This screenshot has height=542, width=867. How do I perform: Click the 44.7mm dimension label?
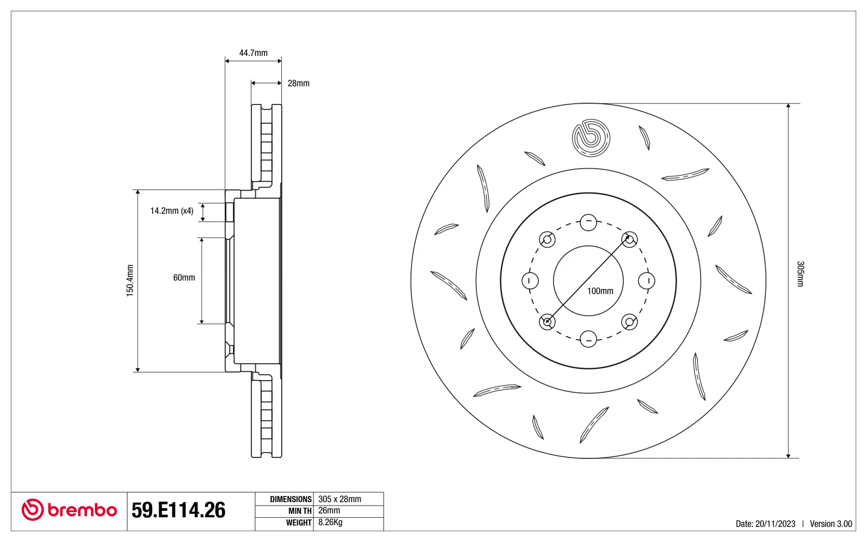point(253,53)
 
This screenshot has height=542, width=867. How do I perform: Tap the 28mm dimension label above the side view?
point(298,83)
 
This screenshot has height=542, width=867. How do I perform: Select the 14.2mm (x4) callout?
point(172,211)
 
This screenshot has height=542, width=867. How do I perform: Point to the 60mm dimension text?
point(184,277)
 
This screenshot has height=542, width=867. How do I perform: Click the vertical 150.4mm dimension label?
point(130,280)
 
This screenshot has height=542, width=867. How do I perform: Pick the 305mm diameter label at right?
point(800,274)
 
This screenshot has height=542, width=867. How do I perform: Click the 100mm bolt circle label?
point(600,291)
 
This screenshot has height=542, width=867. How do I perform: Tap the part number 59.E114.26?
point(178,510)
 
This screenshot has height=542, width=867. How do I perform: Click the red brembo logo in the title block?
point(69,510)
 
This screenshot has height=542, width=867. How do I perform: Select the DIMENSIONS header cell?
point(291,499)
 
